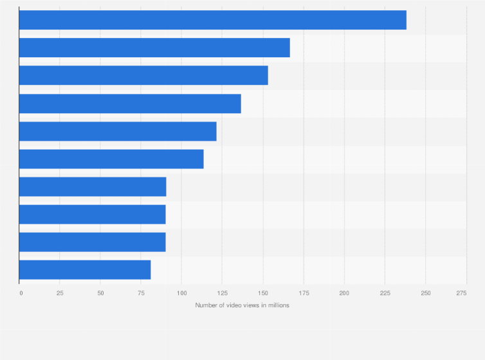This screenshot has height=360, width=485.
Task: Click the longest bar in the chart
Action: pyautogui.click(x=212, y=20)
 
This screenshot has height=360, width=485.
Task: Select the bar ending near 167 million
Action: pyautogui.click(x=154, y=48)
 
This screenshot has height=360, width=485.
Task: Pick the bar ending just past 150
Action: pyautogui.click(x=143, y=75)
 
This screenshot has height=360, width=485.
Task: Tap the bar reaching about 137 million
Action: pyautogui.click(x=130, y=104)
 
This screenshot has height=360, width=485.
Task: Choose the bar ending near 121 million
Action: pyautogui.click(x=118, y=131)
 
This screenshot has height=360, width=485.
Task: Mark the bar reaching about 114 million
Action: pyautogui.click(x=111, y=159)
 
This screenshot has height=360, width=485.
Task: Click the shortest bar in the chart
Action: pyautogui.click(x=85, y=270)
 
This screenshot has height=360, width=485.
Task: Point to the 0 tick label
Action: pyautogui.click(x=21, y=293)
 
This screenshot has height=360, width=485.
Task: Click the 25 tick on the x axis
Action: pyautogui.click(x=60, y=293)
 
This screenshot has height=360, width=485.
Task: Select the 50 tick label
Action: pyautogui.click(x=100, y=293)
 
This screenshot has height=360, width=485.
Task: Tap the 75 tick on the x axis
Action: pyautogui.click(x=141, y=293)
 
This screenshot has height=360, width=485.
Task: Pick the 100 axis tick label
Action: pyautogui.click(x=181, y=293)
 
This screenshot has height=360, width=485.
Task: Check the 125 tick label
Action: pyautogui.click(x=222, y=293)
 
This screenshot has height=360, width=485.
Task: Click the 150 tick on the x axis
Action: pyautogui.click(x=262, y=293)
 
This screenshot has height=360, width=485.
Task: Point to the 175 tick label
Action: pyautogui.click(x=304, y=293)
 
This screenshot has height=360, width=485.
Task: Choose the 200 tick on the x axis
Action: pyautogui.click(x=344, y=293)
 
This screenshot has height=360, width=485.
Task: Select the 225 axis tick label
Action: pyautogui.click(x=385, y=293)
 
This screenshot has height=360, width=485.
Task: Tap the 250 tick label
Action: pyautogui.click(x=425, y=293)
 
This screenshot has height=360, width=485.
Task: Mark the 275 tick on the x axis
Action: pyautogui.click(x=461, y=293)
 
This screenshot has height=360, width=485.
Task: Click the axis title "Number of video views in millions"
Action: pyautogui.click(x=243, y=305)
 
